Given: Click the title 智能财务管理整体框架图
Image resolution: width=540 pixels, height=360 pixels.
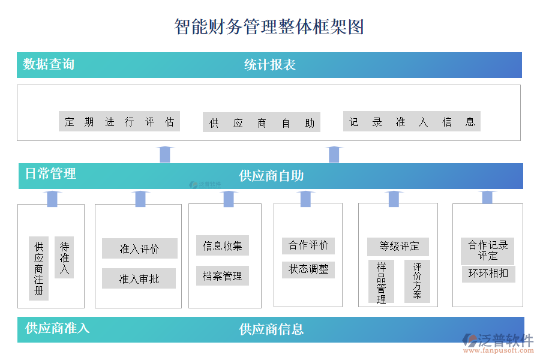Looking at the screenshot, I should pyautogui.click(x=269, y=27).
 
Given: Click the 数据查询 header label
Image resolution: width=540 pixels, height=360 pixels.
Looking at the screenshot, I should pyautogui.click(x=49, y=64).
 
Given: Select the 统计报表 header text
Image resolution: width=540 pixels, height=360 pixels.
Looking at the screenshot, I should pyautogui.click(x=269, y=65).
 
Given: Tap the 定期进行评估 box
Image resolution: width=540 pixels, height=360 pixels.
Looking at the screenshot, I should pyautogui.click(x=119, y=122).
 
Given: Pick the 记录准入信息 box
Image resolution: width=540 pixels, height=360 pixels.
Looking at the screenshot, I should pyautogui.click(x=412, y=122).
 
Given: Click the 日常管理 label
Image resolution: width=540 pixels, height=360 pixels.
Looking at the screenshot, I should pyautogui.click(x=50, y=174).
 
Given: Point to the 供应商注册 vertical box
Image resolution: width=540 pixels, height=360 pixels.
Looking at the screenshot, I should pyautogui.click(x=39, y=268).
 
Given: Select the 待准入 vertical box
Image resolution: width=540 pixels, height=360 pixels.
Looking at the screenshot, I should pyautogui.click(x=64, y=257).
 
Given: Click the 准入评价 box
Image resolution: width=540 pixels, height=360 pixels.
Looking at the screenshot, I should pyautogui.click(x=139, y=248).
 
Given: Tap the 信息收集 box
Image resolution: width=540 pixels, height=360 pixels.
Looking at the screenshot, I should pyautogui.click(x=222, y=245).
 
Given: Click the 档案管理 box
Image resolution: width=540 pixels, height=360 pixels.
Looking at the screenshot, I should pyautogui.click(x=222, y=276).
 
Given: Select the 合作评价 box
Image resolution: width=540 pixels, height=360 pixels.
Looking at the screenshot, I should pyautogui.click(x=308, y=245).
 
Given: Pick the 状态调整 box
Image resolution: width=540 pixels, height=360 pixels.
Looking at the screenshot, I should pyautogui.click(x=308, y=269).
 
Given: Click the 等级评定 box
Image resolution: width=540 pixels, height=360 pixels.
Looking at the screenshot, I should pyautogui.click(x=398, y=246).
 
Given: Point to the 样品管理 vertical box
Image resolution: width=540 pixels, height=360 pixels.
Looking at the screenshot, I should pyautogui.click(x=381, y=281).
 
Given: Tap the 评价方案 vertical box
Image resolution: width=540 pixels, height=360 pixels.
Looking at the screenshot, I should pyautogui.click(x=417, y=281).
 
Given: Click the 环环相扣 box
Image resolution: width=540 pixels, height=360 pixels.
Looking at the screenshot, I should pyautogui.click(x=488, y=274).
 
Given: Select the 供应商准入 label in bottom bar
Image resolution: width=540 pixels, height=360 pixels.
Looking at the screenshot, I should pyautogui.click(x=57, y=328).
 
